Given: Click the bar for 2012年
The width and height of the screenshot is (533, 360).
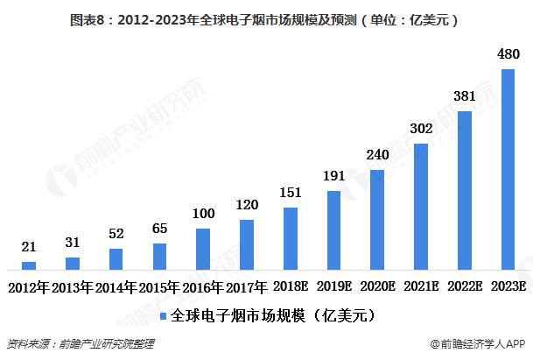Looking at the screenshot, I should [29, 265].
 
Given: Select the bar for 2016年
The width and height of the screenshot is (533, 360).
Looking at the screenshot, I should [203, 249].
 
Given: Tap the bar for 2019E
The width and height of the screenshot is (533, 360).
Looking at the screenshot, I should [333, 229].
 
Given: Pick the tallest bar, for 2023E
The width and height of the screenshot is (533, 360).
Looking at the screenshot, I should [508, 169].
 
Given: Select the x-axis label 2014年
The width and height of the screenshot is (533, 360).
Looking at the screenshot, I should [116, 286].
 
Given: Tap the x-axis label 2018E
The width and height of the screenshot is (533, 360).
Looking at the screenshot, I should [290, 286].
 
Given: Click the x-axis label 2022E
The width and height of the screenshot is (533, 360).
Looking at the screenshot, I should [464, 286].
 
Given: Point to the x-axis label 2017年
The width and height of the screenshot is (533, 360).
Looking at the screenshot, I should [247, 286].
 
